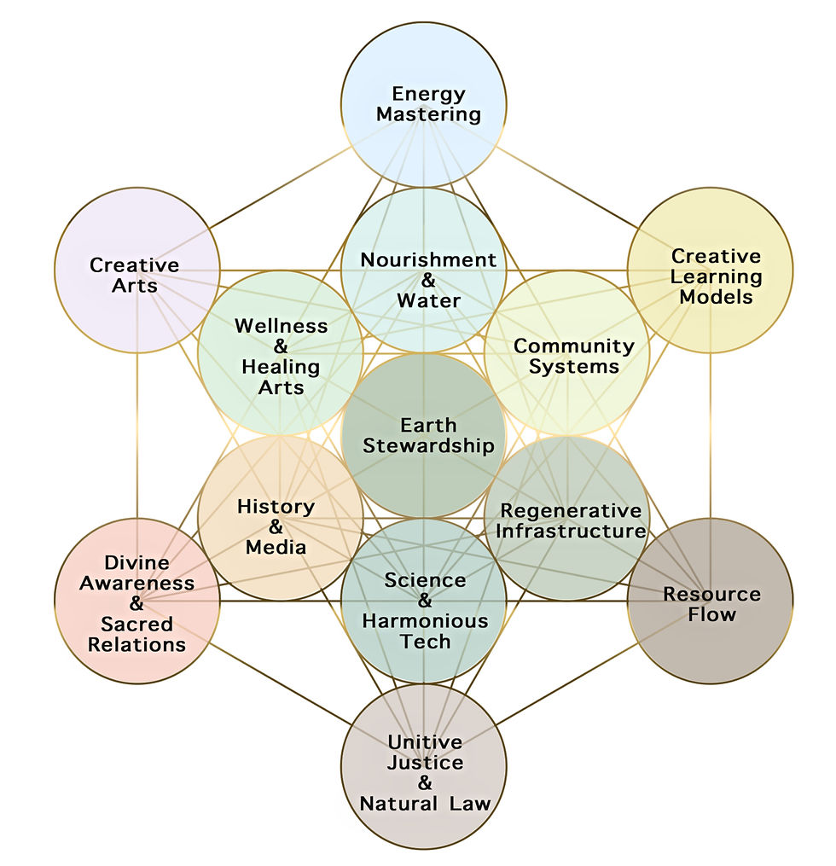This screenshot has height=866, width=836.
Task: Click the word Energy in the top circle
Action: [x=428, y=95]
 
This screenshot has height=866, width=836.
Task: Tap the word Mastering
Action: [x=428, y=114]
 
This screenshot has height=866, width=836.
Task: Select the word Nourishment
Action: [x=428, y=259]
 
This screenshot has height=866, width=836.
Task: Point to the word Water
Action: [x=428, y=300]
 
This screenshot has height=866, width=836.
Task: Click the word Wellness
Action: [x=281, y=326]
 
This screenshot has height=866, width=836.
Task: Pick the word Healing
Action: [x=281, y=367]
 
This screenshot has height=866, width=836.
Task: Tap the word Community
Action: [x=574, y=347]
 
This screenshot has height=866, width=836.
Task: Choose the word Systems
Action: [x=574, y=367]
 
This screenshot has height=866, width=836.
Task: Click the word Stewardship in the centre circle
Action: [x=428, y=446]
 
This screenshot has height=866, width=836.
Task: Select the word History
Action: [x=276, y=507]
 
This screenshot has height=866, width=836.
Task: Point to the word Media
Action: [x=276, y=547]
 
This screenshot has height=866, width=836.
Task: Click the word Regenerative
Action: [x=571, y=511]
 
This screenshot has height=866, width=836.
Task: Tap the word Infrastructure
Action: [x=571, y=532]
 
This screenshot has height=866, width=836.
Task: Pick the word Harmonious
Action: [x=425, y=621]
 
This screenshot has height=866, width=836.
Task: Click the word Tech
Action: [x=425, y=642]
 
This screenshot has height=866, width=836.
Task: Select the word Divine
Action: [x=137, y=563]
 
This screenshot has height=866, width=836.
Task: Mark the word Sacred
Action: [x=137, y=624]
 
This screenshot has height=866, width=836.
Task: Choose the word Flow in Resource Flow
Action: [x=711, y=614]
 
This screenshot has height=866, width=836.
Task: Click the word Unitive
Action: [x=425, y=741]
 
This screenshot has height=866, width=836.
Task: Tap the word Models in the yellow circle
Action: [x=717, y=297]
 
